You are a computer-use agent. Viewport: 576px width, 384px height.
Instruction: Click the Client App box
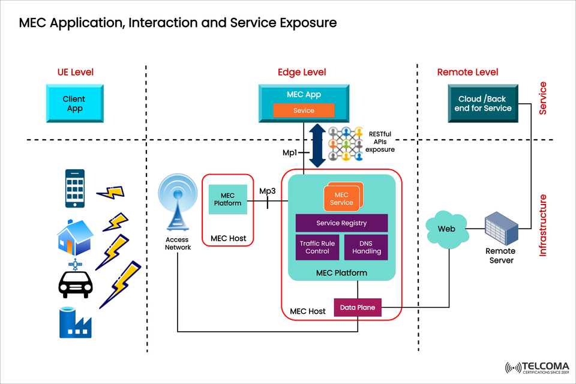tap(74, 104)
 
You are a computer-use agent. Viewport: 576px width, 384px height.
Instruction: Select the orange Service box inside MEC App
tap(304, 110)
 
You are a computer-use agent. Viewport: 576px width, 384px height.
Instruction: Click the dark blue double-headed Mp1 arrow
tap(317, 146)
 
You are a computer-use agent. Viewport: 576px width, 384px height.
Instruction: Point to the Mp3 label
tap(268, 191)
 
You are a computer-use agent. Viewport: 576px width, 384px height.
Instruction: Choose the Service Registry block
tap(341, 223)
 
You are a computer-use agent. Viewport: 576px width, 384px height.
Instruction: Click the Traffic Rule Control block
tap(317, 247)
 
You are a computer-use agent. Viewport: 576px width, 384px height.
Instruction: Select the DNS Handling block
tap(366, 247)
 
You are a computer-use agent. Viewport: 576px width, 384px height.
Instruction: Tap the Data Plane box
tap(358, 308)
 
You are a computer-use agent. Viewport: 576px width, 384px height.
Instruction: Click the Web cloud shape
tap(446, 229)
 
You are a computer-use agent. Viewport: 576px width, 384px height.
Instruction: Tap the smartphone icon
tap(74, 187)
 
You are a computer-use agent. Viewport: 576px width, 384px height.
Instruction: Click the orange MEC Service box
tap(341, 199)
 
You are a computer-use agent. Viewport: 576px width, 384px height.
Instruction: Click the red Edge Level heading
tap(302, 72)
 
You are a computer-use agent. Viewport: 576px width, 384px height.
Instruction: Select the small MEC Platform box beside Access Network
tap(228, 199)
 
